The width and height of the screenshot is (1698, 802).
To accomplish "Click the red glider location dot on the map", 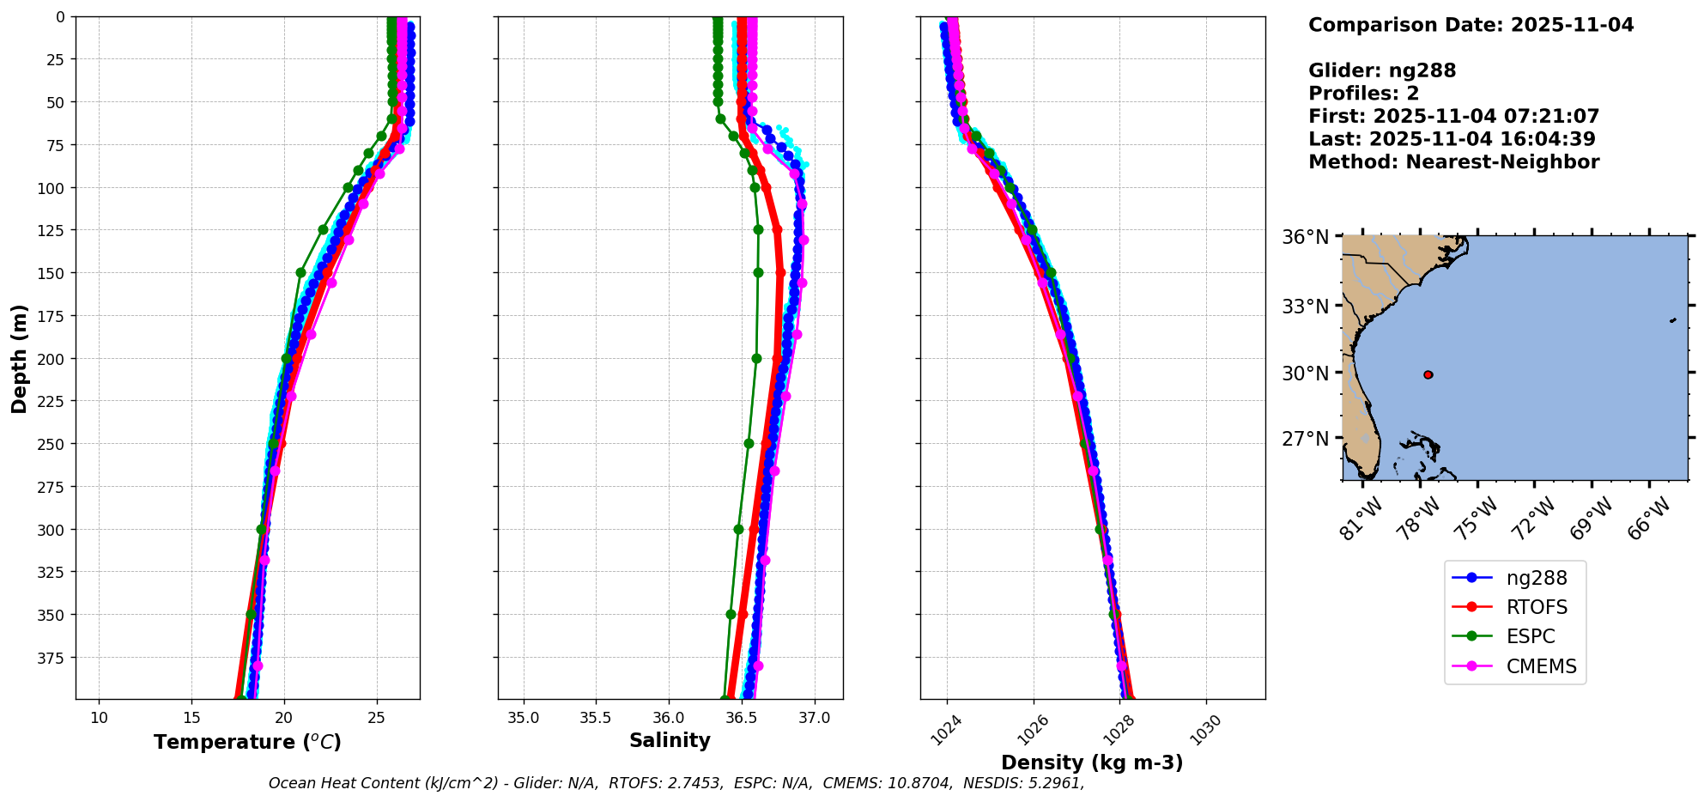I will pos(1428,374).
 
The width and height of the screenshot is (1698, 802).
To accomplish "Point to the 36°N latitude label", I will pos(1305,237).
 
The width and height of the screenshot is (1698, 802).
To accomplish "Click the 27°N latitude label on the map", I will pos(1305,439).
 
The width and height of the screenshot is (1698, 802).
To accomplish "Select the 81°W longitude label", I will pos(1361,518).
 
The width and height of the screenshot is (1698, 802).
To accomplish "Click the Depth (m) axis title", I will pos(19,358).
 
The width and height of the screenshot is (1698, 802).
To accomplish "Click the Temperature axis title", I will pos(247,742).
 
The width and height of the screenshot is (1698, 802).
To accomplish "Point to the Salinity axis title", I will pos(670,740).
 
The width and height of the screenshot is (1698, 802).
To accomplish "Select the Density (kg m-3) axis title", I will pos(1092,763).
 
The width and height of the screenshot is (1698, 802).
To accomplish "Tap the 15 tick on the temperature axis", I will pos(191,718).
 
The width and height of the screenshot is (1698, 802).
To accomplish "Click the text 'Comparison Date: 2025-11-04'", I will pos(1471,25).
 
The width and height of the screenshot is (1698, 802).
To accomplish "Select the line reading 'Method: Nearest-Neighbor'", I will pos(1453,162).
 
